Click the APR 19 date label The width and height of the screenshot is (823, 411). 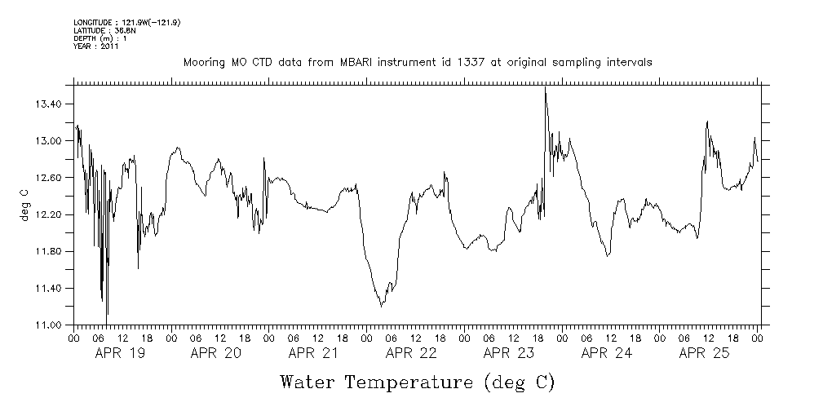(119, 353)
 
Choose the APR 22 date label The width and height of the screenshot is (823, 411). (411, 353)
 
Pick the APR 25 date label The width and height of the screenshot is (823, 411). (704, 353)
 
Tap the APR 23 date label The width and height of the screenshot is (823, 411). (509, 353)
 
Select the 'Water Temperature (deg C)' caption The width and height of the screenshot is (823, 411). (417, 382)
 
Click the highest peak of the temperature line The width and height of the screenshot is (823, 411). (545, 88)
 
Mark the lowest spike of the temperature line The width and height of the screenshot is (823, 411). (107, 313)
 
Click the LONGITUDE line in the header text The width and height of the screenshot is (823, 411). (126, 22)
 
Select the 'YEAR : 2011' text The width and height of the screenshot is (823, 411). (96, 46)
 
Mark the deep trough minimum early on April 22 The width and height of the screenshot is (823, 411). (381, 306)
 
